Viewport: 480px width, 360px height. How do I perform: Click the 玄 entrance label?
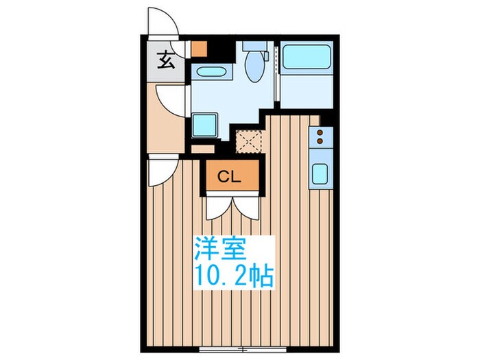[x=166, y=61]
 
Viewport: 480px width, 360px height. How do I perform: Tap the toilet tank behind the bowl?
[x=254, y=48]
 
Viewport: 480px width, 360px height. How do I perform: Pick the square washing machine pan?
[x=205, y=125]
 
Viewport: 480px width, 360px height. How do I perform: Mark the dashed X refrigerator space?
[x=247, y=141]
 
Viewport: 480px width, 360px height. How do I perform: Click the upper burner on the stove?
[x=319, y=133]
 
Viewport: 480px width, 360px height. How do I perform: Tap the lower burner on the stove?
[x=319, y=144]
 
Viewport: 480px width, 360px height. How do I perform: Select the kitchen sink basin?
[x=320, y=173]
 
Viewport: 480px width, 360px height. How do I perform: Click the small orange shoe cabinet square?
[x=200, y=49]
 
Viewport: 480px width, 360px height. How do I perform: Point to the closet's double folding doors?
[x=232, y=206]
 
